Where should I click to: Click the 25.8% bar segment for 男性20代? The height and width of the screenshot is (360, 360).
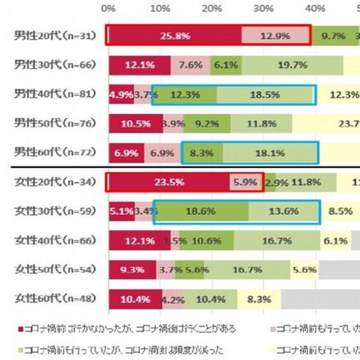tap(174, 36)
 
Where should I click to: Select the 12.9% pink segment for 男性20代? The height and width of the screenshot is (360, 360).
tap(276, 36)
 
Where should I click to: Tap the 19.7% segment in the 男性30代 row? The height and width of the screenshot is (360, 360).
tap(292, 65)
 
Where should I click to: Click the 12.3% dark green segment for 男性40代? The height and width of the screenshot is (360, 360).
tap(185, 94)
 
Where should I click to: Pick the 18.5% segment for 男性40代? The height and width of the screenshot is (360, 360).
tap(265, 94)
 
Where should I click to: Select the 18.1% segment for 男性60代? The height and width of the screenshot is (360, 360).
tap(269, 152)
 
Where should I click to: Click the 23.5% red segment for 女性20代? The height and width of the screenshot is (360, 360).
tap(168, 182)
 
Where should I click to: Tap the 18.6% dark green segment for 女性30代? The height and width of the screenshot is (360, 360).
tap(201, 211)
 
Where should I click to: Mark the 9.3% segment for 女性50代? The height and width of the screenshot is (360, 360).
tap(132, 270)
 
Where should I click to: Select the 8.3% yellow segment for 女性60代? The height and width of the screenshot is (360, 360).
tap(259, 299)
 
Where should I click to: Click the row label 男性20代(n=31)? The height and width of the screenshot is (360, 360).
tap(55, 36)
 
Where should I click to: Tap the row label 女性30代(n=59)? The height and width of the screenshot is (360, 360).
tap(55, 211)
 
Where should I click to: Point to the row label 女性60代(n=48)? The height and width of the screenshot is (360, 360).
tap(55, 299)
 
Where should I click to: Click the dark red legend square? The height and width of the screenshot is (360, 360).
tap(21, 327)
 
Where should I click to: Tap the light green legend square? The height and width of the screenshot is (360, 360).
tap(21, 348)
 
